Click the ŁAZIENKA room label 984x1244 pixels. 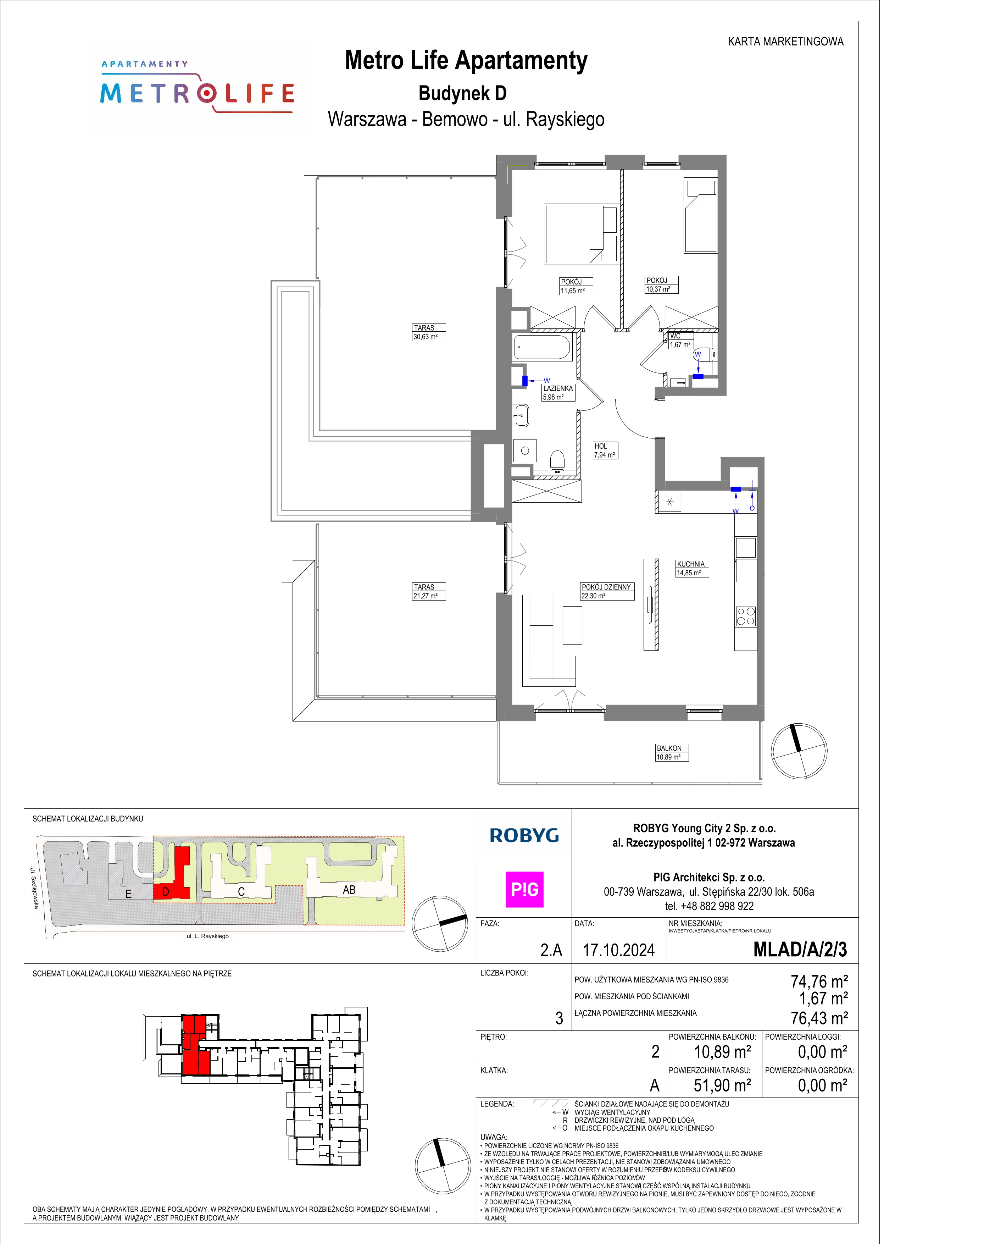[x=558, y=388]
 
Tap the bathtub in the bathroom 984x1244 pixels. [x=542, y=347]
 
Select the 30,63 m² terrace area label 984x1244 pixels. [x=425, y=337]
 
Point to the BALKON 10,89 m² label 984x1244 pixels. [x=672, y=752]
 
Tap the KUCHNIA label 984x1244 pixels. [x=691, y=564]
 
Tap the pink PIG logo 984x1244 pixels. [x=524, y=890]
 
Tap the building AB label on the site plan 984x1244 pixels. [x=349, y=890]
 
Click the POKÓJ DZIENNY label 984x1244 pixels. [x=606, y=587]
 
